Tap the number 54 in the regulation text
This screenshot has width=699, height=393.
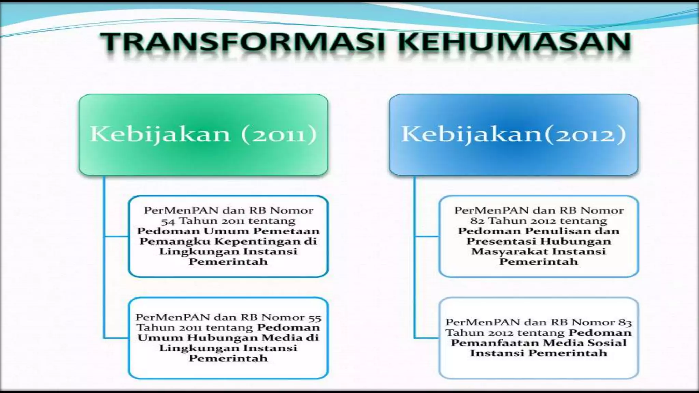[168, 221]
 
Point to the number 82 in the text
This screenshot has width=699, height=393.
[477, 221]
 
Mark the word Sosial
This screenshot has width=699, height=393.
[610, 343]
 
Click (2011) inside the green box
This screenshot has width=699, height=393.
[279, 134]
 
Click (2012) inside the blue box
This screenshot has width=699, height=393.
[584, 134]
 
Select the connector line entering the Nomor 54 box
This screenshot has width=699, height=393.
[116, 236]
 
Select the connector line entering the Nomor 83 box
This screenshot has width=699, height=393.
[426, 338]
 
